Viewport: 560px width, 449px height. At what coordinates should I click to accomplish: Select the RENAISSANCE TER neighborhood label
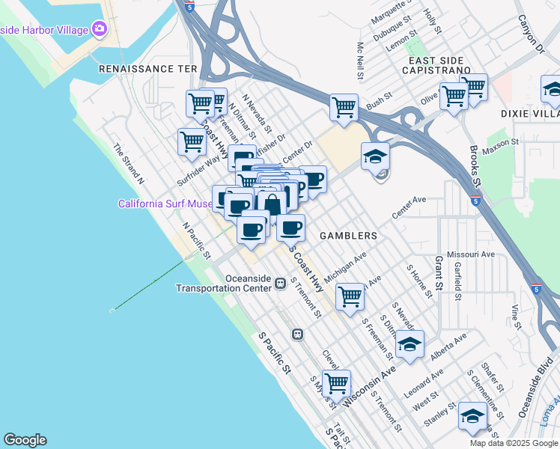[147, 68]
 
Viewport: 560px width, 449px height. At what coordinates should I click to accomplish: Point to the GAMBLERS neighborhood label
[348, 235]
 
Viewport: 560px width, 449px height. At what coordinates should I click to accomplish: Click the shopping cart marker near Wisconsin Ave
[336, 382]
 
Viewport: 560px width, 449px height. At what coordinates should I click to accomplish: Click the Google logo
[25, 440]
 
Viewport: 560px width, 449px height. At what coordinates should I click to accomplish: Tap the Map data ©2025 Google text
[513, 443]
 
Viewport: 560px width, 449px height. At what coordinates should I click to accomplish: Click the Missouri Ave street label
[471, 254]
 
